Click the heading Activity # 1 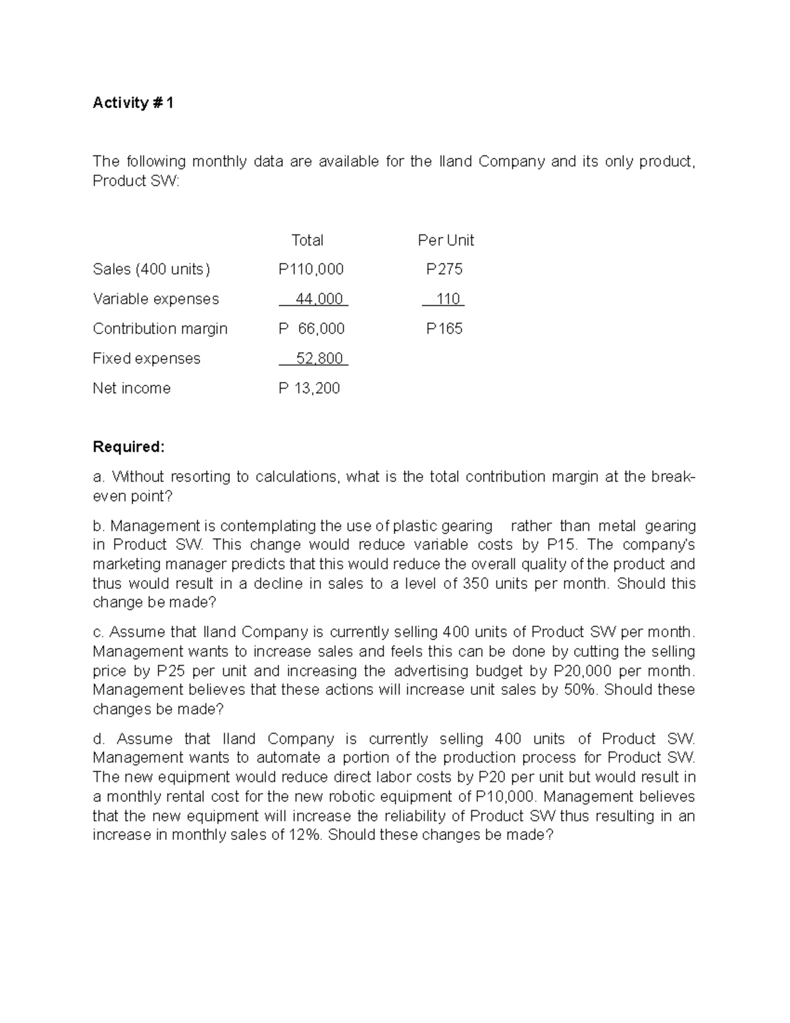click(133, 103)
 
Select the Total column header click(307, 240)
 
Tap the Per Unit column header click(446, 240)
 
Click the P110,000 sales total click(311, 269)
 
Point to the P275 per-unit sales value click(444, 269)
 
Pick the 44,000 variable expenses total click(319, 299)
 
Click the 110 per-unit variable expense click(448, 299)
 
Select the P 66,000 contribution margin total click(311, 329)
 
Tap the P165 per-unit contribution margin click(444, 329)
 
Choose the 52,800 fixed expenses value click(319, 358)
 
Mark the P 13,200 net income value click(309, 389)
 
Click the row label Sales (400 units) click(151, 269)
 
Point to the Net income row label click(132, 389)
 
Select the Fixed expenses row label click(146, 358)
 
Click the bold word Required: click(128, 447)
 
